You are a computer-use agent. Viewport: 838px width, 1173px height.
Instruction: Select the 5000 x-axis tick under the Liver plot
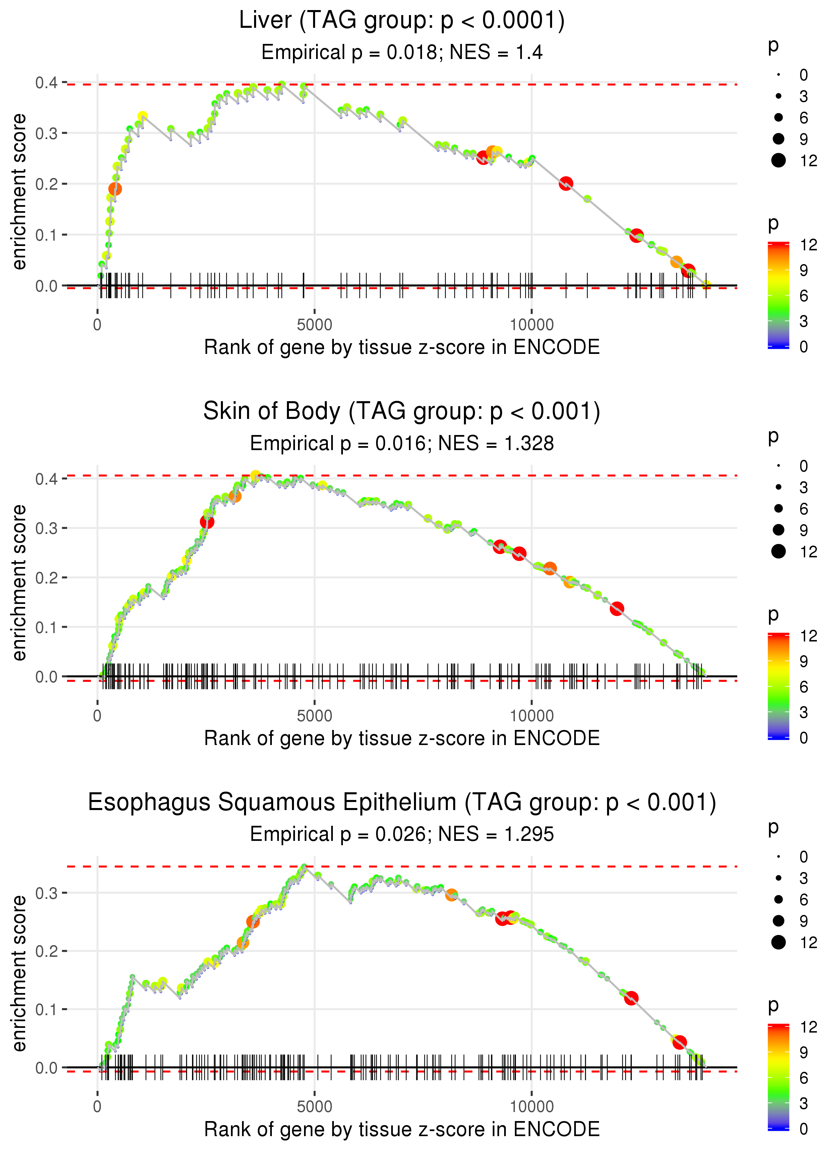[314, 325]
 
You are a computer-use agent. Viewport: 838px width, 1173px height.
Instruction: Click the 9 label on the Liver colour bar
[803, 270]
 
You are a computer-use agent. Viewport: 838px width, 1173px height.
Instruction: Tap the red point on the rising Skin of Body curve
[207, 522]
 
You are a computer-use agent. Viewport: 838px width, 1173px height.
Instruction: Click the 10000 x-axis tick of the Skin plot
[532, 716]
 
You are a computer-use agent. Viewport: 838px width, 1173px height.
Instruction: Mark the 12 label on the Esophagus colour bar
[808, 1027]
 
